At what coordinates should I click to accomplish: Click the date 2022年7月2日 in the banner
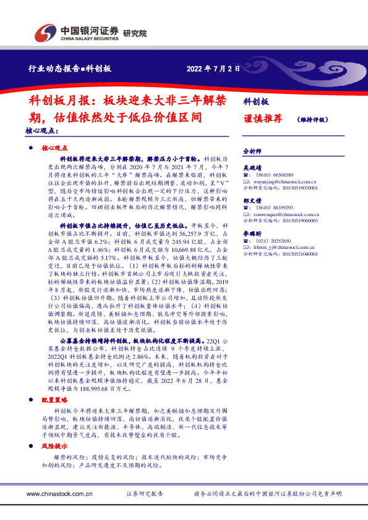pos(212,69)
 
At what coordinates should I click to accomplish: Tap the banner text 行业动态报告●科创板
pos(70,69)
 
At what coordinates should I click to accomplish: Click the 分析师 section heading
pos(252,150)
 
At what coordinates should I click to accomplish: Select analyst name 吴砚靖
pos(252,167)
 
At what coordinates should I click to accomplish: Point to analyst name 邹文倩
pos(252,201)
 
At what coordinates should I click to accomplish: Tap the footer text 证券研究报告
pos(145,494)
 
